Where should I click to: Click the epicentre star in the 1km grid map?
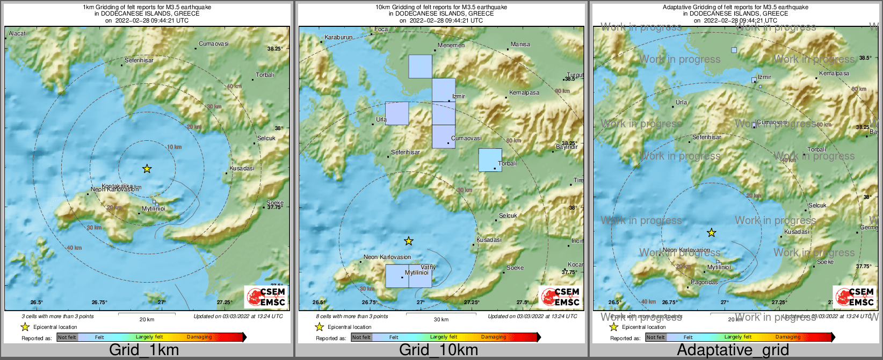147,169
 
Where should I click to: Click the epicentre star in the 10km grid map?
409,241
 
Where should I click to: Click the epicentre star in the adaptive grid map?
711,233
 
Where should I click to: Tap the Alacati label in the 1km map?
18,33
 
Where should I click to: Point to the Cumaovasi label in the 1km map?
214,44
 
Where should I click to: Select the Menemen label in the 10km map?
451,45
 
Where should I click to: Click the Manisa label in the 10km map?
520,44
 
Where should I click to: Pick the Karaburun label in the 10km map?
338,38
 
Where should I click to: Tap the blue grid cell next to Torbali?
490,160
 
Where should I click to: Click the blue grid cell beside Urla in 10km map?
397,113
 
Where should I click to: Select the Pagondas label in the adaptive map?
704,282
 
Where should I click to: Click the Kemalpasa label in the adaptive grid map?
834,73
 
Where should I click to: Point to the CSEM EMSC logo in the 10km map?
561,297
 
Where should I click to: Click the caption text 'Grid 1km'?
144,350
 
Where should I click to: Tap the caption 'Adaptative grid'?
733,350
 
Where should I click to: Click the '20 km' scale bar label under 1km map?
147,319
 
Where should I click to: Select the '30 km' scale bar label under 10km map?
441,319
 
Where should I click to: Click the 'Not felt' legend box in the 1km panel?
67,337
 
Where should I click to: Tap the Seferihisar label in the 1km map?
139,60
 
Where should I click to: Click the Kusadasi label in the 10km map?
489,240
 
